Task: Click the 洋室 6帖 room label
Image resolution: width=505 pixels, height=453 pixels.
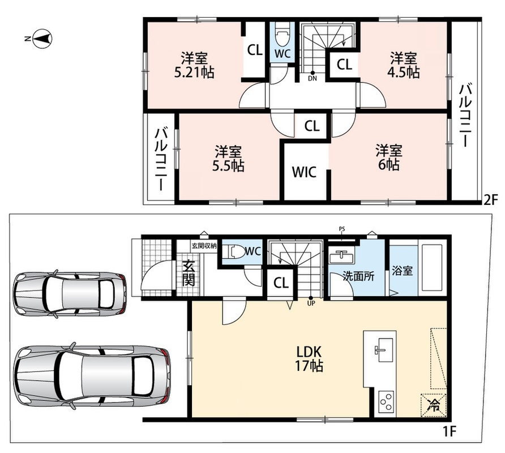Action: tap(389, 157)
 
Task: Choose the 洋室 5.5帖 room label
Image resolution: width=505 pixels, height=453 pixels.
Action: tap(228, 159)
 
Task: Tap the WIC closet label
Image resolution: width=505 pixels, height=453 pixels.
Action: tap(304, 172)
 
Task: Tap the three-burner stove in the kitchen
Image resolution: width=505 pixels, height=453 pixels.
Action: tap(385, 401)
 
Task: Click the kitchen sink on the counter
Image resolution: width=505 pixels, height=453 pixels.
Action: tap(385, 350)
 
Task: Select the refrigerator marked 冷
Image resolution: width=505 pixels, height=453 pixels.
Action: tap(433, 405)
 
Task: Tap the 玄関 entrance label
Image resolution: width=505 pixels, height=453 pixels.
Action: tap(189, 273)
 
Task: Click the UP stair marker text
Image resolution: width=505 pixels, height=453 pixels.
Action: tap(311, 303)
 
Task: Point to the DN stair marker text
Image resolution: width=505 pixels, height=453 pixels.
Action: tap(312, 78)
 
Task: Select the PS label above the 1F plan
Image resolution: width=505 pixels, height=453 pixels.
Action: tap(342, 229)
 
